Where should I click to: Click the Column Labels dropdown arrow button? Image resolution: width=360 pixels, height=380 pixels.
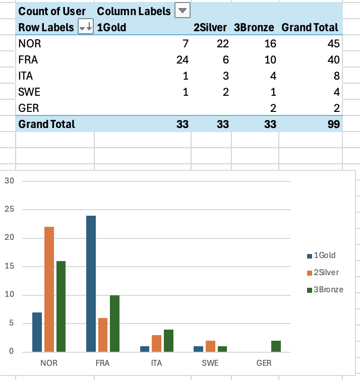point(183,11)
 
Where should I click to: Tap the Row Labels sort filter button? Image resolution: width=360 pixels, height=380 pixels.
point(86,28)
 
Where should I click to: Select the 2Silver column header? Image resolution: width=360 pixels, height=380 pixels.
point(210,28)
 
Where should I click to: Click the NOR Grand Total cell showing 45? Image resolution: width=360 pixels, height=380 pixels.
point(333,44)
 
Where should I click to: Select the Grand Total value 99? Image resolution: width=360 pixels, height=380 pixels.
point(333,124)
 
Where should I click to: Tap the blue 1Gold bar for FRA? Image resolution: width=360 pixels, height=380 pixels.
point(91,283)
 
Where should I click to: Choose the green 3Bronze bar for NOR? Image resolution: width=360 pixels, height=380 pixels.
point(61,306)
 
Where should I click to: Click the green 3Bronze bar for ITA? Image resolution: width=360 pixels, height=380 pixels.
point(169,340)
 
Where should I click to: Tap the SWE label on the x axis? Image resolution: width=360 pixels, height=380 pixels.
point(210,363)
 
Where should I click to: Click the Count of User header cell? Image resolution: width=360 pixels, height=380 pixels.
point(52,11)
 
